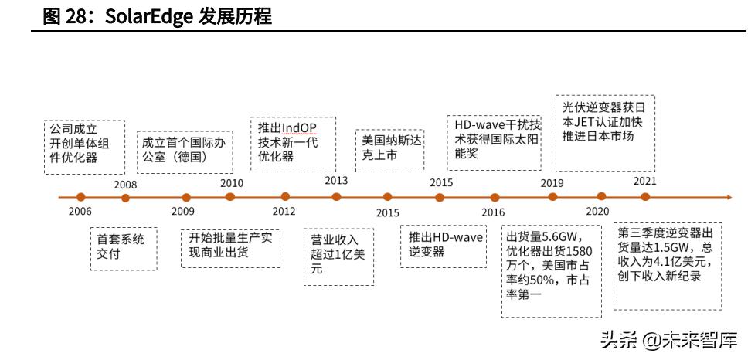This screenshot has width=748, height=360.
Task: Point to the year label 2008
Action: (125, 185)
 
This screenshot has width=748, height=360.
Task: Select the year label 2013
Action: (336, 181)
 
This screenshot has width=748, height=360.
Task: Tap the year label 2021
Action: (644, 181)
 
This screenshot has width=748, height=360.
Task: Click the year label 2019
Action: (552, 183)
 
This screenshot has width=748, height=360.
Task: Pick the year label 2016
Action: (493, 212)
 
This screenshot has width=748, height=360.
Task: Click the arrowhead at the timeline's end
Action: (726, 198)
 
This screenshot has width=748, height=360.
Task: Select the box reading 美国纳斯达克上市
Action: (390, 148)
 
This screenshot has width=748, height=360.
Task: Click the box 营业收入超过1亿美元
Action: (338, 254)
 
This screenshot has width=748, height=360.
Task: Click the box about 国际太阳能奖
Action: (498, 139)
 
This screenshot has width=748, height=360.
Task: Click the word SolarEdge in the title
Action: (138, 16)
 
